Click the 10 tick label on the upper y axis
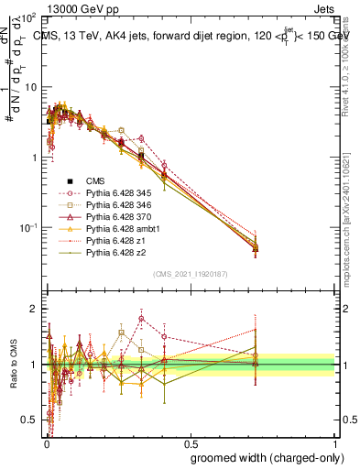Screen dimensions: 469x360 pos(28,87)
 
